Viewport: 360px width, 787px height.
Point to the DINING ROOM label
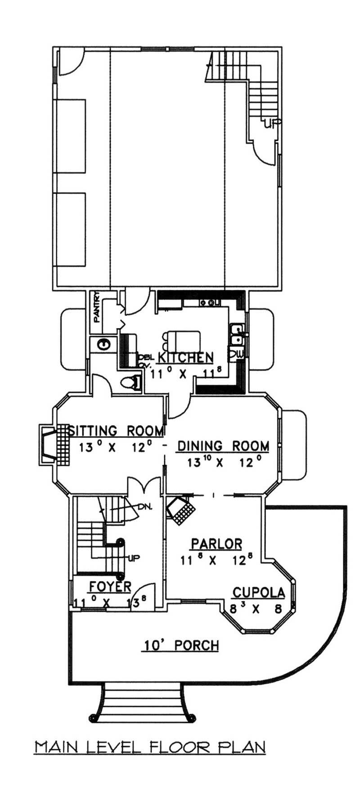[x=224, y=446]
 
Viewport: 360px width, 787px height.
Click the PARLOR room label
[x=216, y=544]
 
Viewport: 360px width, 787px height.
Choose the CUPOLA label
[x=258, y=593]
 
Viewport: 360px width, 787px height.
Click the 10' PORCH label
[x=181, y=646]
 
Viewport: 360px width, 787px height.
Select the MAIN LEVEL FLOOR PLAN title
[x=150, y=747]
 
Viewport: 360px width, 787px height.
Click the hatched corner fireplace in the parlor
[x=181, y=509]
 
